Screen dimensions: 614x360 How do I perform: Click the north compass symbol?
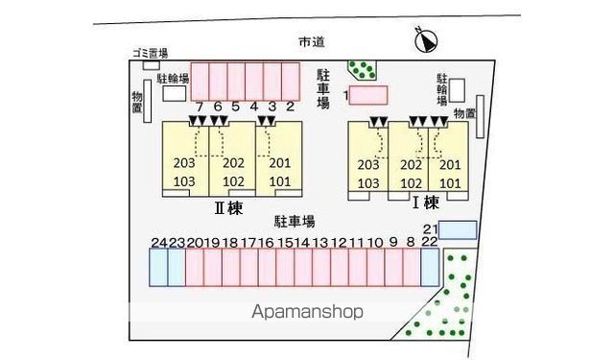(426, 39)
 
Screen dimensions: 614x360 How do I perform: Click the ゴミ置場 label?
(151, 53)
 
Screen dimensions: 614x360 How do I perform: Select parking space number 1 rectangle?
(367, 95)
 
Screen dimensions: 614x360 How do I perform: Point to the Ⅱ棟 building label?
(228, 204)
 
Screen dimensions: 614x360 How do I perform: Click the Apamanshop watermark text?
(307, 312)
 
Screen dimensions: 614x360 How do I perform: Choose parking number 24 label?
(158, 242)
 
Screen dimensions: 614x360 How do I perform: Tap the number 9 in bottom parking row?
(393, 242)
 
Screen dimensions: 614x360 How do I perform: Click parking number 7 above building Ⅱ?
(199, 107)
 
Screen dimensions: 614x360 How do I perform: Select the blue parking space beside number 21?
(457, 229)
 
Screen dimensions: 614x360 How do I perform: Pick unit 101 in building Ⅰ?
(451, 181)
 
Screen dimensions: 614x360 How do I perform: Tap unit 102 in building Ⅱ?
(233, 181)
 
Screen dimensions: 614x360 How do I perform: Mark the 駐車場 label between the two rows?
(294, 220)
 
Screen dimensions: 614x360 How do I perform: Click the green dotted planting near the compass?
(362, 69)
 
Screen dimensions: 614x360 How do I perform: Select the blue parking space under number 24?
(158, 267)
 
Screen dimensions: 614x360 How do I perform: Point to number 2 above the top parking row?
(290, 107)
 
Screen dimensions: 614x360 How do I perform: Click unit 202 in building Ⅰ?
(412, 164)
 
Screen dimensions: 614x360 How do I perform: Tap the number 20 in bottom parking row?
(194, 242)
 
